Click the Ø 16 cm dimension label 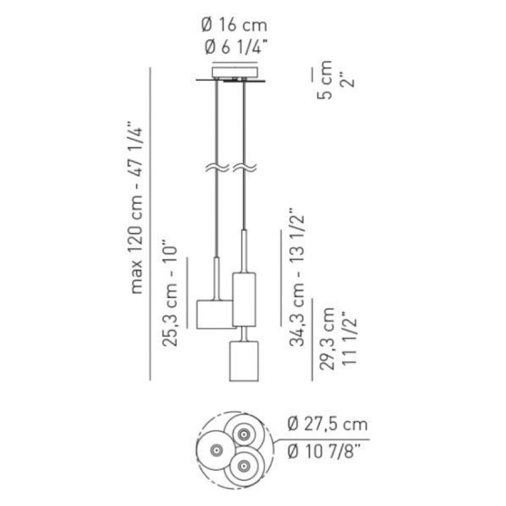coord(235,25)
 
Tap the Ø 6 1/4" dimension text coord(236,47)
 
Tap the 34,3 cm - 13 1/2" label coord(297,278)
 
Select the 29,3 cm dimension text coord(326,339)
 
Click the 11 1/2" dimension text coord(349,338)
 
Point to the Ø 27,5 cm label coord(328,424)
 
